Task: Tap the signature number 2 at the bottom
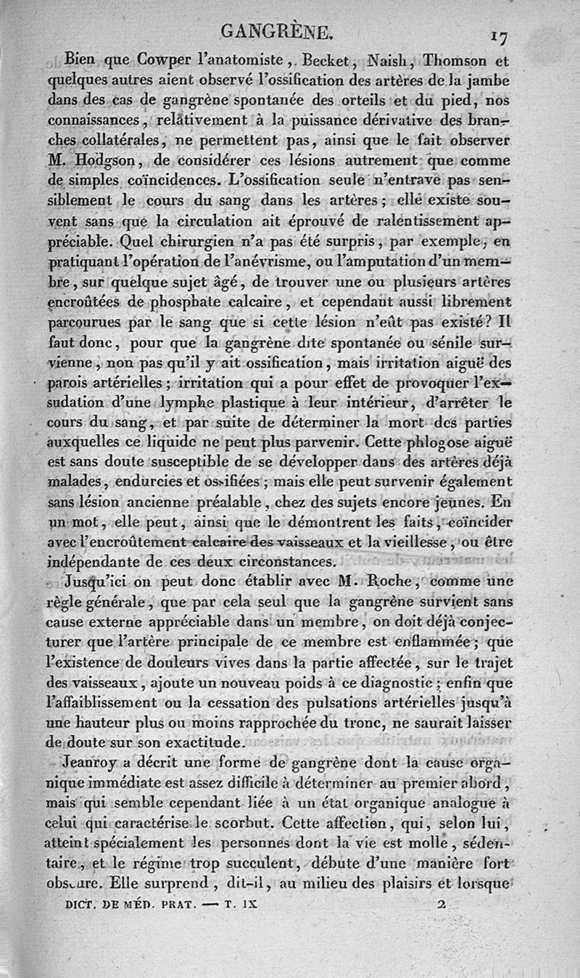(x=442, y=905)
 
